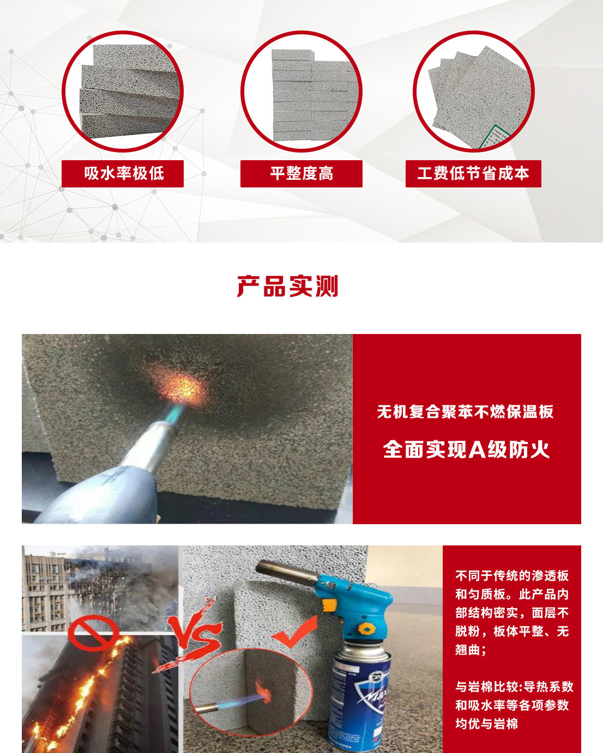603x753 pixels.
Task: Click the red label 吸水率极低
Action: pos(123,174)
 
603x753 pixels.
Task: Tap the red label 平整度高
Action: pos(301,174)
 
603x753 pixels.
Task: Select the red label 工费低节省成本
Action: pos(473,174)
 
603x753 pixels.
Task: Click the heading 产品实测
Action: pos(287,286)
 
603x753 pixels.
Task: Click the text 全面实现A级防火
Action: pos(466,450)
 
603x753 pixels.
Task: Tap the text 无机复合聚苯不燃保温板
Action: pos(466,412)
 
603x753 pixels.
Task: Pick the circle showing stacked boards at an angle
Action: pos(123,92)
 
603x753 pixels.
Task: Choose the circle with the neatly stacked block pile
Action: pos(301,92)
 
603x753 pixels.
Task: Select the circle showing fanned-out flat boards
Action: pos(473,92)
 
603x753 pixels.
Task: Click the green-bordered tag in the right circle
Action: pos(494,138)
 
